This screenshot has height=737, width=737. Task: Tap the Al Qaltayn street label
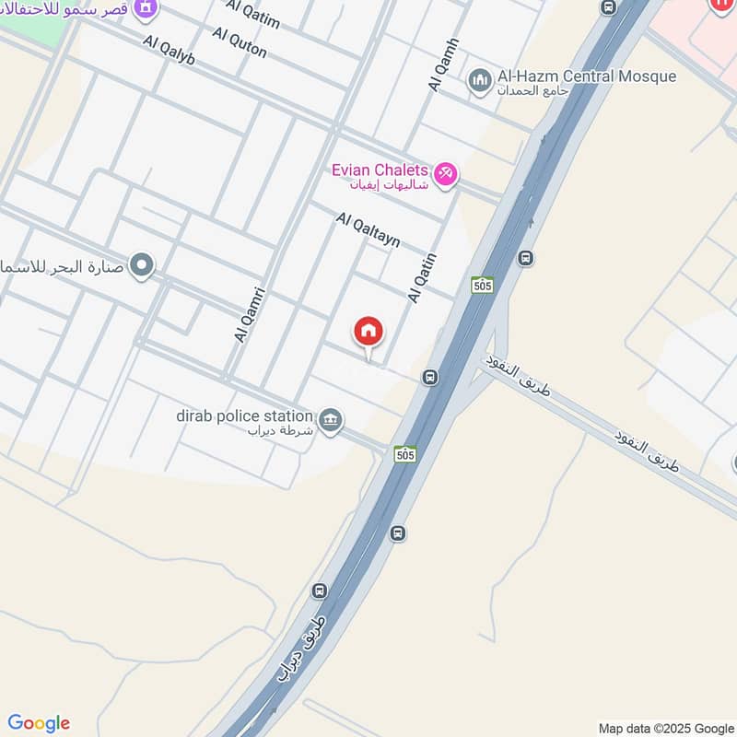click(368, 230)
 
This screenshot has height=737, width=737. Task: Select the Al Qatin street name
click(421, 278)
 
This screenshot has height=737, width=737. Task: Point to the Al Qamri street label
click(250, 315)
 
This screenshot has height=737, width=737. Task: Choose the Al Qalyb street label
click(170, 51)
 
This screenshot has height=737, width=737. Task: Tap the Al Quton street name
click(239, 42)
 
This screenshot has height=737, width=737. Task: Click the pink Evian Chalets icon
click(445, 173)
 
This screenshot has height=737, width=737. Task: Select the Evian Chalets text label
click(380, 170)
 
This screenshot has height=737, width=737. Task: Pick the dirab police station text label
click(245, 416)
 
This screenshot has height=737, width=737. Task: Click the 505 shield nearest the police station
click(405, 453)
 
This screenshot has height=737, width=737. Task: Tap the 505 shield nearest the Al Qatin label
click(482, 285)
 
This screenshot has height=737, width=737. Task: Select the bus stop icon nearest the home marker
click(429, 377)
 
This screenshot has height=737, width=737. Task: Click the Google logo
click(39, 723)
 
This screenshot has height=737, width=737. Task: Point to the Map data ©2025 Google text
click(665, 728)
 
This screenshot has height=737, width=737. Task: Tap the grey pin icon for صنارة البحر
click(141, 267)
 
